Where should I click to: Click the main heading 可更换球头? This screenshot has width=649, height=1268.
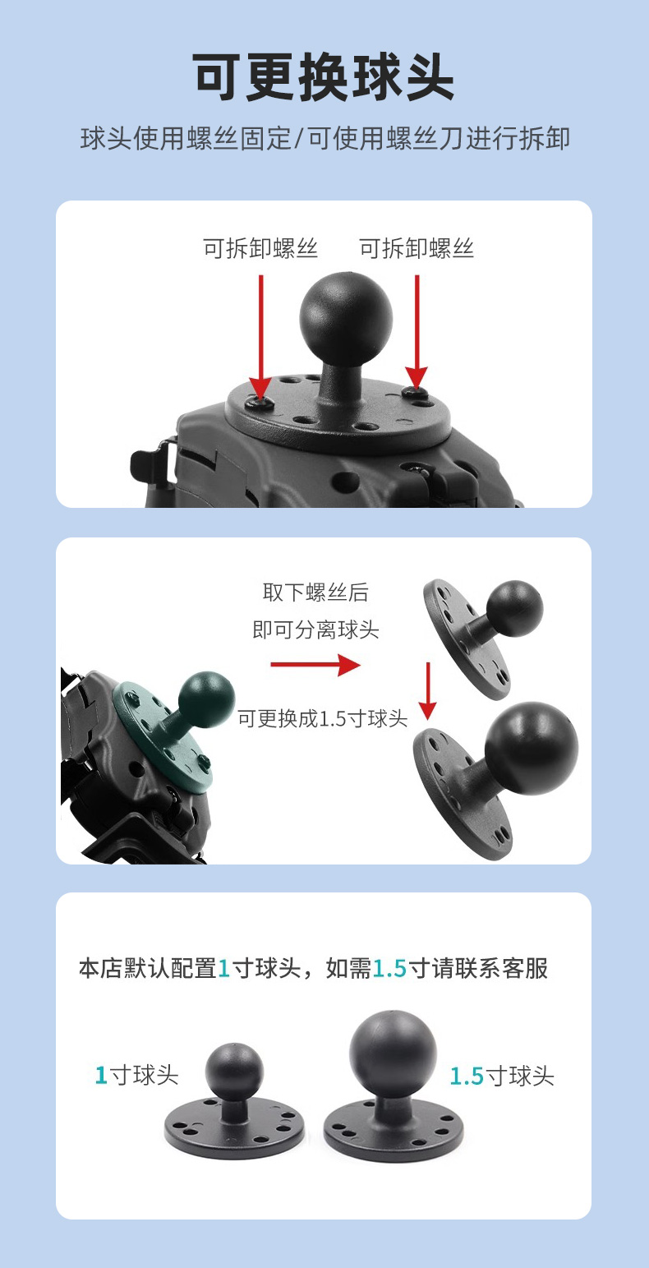323,77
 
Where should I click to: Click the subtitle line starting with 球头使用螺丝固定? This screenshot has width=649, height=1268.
324,139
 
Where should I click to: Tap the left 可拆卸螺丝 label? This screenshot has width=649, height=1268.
260,248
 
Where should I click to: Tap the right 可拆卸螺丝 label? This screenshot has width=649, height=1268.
417,248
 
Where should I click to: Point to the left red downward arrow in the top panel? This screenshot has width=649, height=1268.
261,338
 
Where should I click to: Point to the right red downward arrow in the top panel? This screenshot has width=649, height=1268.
417,332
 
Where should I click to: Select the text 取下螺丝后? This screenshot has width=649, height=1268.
315,593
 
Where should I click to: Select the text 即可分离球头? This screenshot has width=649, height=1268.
315,629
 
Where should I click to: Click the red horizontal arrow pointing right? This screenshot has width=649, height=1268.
315,664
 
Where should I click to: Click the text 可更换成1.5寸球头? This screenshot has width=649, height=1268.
323,718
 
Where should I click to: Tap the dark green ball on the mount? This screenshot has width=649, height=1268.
206,699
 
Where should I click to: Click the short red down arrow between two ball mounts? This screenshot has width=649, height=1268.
428,690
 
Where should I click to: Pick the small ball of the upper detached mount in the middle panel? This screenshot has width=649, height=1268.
514,609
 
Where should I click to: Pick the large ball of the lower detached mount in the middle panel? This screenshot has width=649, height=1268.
532,748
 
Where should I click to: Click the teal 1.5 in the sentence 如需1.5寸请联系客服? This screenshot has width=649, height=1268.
390,969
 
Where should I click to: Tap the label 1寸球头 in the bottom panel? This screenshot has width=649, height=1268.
137,1075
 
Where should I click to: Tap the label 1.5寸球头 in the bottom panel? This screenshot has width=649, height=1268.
502,1076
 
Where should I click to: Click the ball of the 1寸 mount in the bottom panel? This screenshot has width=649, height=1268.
234,1072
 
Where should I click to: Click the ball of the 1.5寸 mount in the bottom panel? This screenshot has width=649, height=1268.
393,1054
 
